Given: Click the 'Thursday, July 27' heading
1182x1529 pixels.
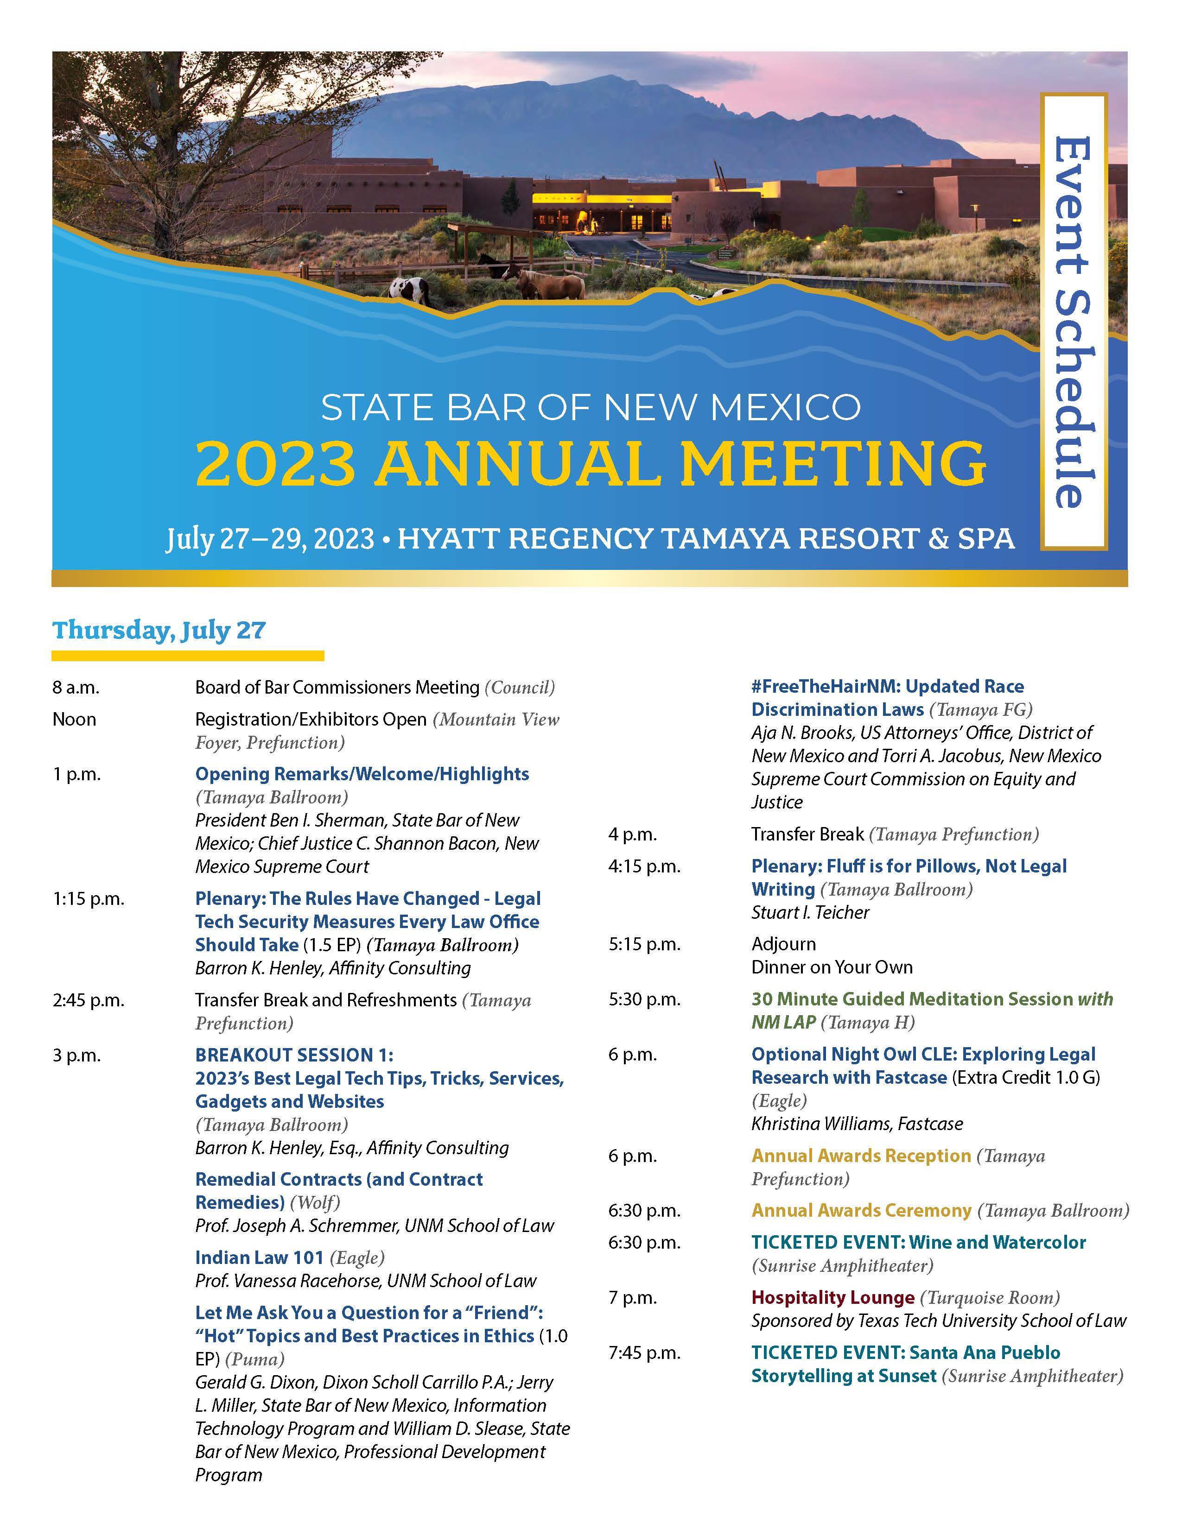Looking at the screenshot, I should (x=159, y=630).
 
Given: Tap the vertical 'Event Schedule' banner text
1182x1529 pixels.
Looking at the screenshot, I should (x=1072, y=322).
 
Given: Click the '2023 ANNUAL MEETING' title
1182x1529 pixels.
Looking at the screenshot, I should (x=590, y=463).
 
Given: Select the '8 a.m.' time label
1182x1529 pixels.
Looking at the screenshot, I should (x=76, y=688).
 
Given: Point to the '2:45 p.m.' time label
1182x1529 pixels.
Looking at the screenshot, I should (x=88, y=1000).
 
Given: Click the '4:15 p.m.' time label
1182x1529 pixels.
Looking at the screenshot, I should (x=644, y=867).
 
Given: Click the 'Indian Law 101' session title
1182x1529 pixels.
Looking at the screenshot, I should (x=259, y=1258).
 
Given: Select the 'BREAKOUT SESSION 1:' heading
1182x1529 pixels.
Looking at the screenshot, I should (x=294, y=1055).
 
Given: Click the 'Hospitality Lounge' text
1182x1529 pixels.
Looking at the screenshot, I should (x=832, y=1298).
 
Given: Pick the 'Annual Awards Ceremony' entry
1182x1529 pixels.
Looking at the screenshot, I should (x=861, y=1210).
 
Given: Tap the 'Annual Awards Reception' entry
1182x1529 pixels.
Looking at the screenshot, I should (x=861, y=1156).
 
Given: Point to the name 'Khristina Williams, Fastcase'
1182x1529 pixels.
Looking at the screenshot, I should (x=857, y=1124).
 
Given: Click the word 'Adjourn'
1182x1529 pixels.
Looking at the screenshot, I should (x=783, y=944).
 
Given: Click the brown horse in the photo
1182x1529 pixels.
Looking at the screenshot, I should (x=553, y=283).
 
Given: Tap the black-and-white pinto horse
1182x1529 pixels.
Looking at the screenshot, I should (x=410, y=289).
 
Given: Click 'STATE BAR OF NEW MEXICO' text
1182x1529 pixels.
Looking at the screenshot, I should (x=590, y=407).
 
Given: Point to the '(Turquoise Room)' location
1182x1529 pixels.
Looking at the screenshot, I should (x=990, y=1298).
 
